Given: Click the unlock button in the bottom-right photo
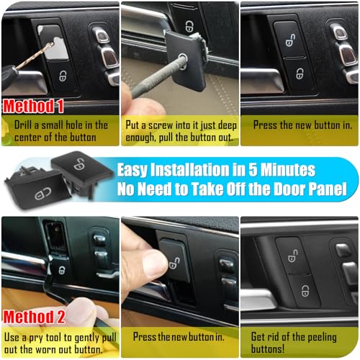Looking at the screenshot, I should (296, 253).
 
